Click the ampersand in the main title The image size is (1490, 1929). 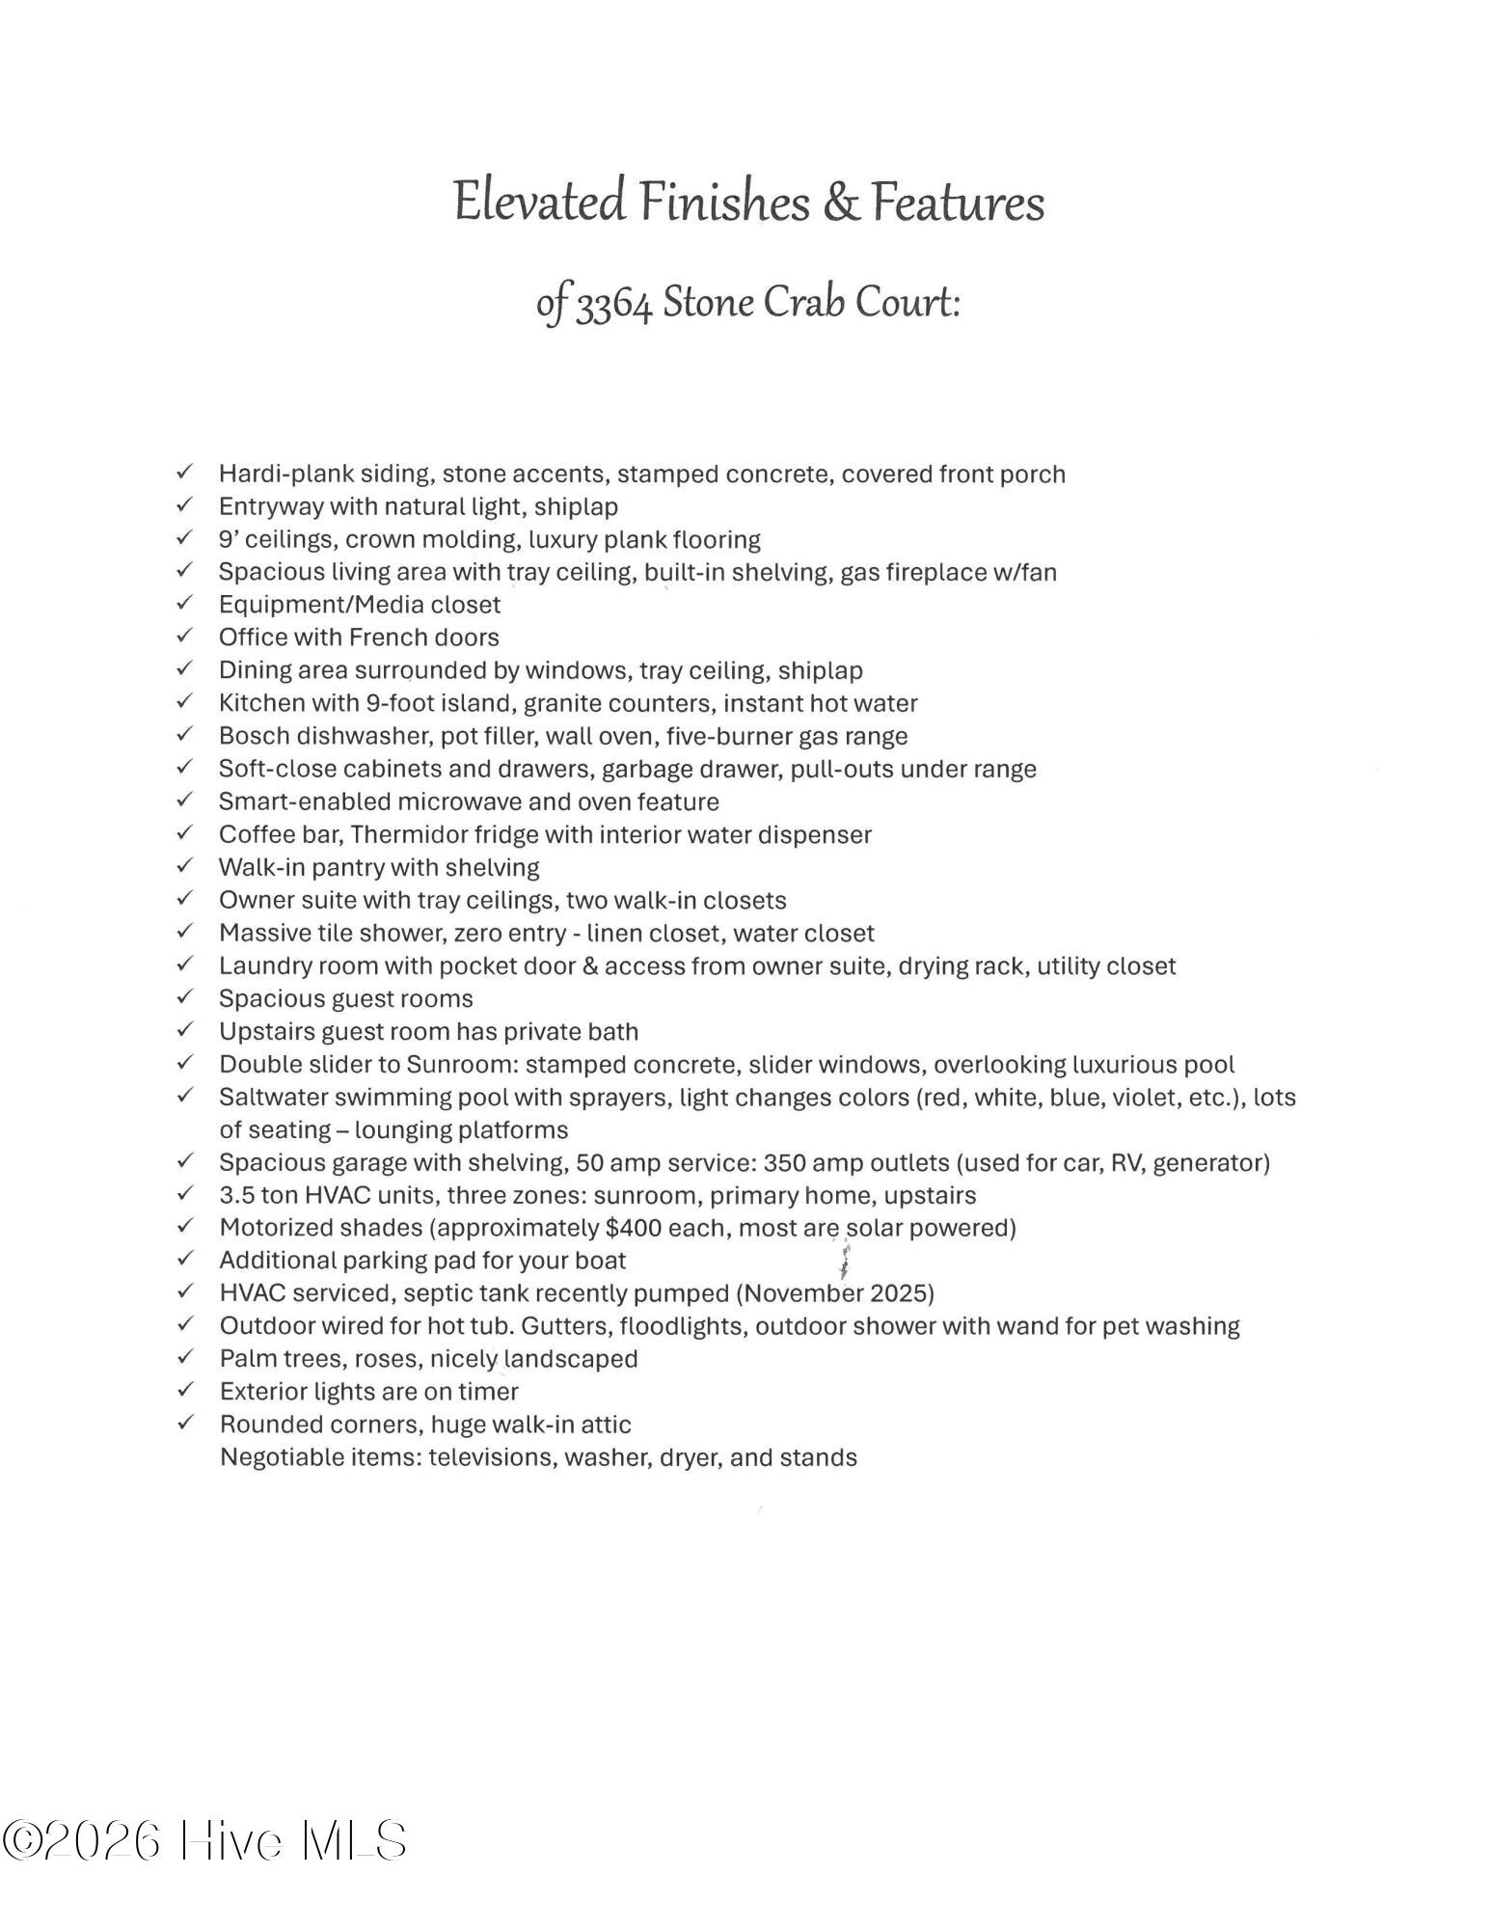[841, 204]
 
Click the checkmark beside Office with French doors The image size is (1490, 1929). [185, 637]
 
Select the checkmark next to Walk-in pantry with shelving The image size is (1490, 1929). [185, 866]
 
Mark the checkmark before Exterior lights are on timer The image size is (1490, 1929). [185, 1391]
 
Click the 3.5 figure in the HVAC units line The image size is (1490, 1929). [235, 1195]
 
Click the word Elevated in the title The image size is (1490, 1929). [538, 204]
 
